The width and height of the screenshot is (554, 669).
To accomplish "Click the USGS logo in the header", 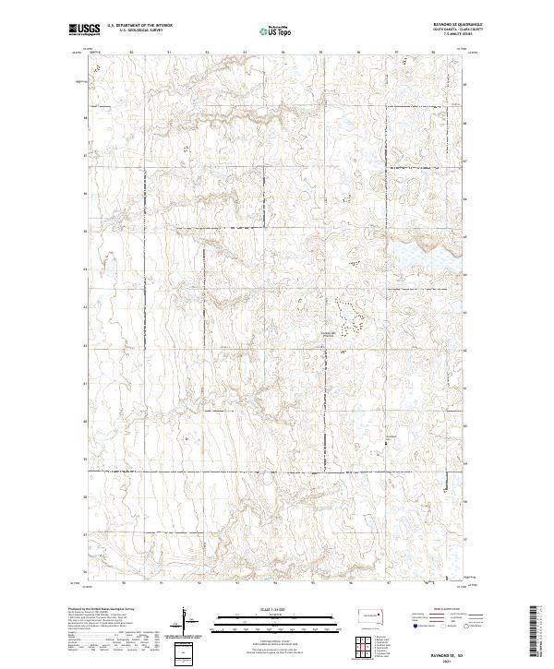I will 84,31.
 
